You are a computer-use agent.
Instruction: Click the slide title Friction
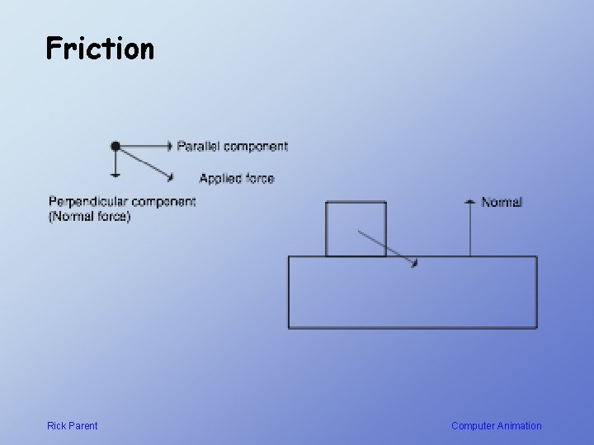point(100,49)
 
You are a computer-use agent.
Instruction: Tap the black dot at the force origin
point(115,146)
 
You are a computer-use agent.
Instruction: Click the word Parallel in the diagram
point(199,146)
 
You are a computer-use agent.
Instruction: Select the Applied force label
point(236,178)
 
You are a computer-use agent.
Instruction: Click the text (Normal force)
point(89,217)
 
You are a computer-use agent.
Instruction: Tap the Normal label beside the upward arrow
point(502,202)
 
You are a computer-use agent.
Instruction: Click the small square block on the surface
point(356,228)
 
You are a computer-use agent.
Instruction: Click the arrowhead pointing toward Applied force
point(170,176)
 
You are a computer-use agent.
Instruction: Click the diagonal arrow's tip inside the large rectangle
point(415,264)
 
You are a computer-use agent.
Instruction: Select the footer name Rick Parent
point(72,426)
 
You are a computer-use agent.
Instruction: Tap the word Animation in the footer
point(520,426)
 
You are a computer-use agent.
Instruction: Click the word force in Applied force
point(259,178)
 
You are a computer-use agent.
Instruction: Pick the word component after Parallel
point(256,146)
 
